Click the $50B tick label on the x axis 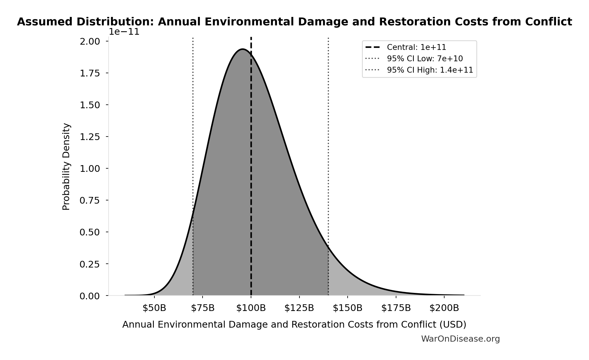pyautogui.click(x=154, y=308)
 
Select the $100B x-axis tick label pyautogui.click(x=251, y=308)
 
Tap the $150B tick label pyautogui.click(x=347, y=308)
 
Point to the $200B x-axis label pyautogui.click(x=444, y=308)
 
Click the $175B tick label pyautogui.click(x=396, y=308)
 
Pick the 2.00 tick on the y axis pyautogui.click(x=90, y=41)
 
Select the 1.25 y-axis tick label pyautogui.click(x=90, y=137)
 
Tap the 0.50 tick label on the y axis pyautogui.click(x=90, y=232)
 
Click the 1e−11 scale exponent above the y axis pyautogui.click(x=124, y=32)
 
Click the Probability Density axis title pyautogui.click(x=66, y=166)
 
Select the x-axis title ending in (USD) pyautogui.click(x=294, y=324)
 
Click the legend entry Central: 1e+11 pyautogui.click(x=416, y=47)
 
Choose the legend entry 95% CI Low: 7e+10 pyautogui.click(x=425, y=59)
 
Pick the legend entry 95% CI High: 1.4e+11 pyautogui.click(x=430, y=70)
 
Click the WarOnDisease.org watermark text pyautogui.click(x=460, y=339)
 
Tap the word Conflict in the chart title pyautogui.click(x=548, y=22)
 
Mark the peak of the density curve pyautogui.click(x=243, y=49)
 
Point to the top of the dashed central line pyautogui.click(x=251, y=38)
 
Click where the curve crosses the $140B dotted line pyautogui.click(x=328, y=246)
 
